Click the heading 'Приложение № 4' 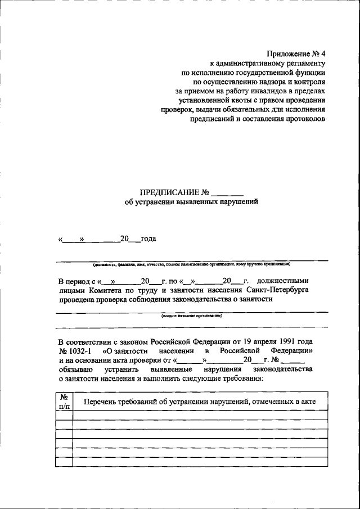[x=296, y=54]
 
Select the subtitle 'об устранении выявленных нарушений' [x=191, y=202]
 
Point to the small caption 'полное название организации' [x=191, y=316]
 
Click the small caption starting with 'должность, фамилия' [x=191, y=264]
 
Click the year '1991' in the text [x=286, y=341]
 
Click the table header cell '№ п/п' [x=64, y=400]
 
